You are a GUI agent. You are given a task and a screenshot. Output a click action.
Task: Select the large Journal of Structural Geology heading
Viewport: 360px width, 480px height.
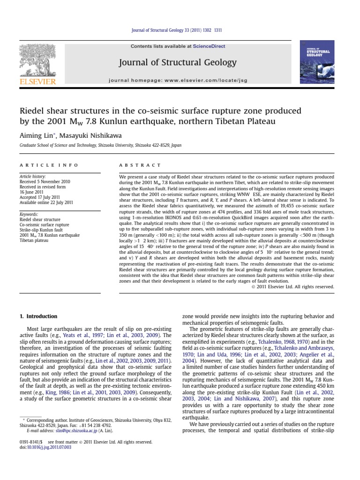[178, 62]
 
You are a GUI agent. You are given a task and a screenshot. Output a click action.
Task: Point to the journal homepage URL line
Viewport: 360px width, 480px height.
[178, 81]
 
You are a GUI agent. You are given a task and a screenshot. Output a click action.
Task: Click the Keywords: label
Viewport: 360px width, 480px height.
[29, 214]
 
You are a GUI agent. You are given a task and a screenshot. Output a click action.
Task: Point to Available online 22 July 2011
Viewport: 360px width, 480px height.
[46, 202]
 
